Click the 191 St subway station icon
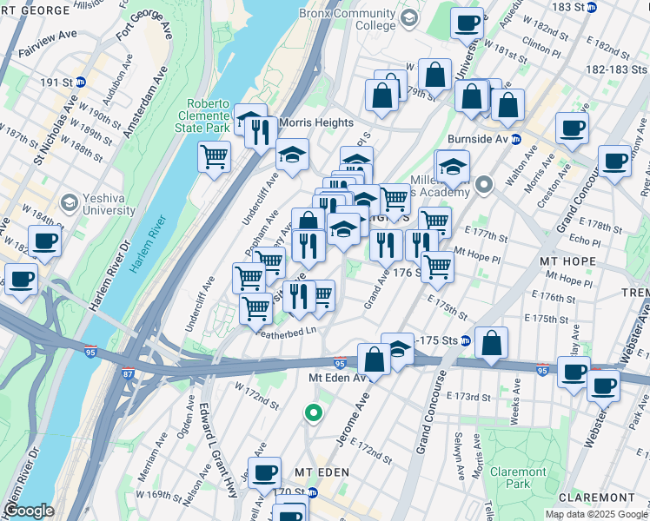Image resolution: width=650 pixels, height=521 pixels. pos(80,82)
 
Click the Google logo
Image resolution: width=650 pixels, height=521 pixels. pos(30,511)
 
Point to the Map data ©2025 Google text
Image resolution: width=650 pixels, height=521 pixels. pos(595,514)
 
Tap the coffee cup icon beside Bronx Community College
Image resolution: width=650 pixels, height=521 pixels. pos(467,23)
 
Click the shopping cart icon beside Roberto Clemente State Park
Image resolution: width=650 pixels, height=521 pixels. pos(214,157)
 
